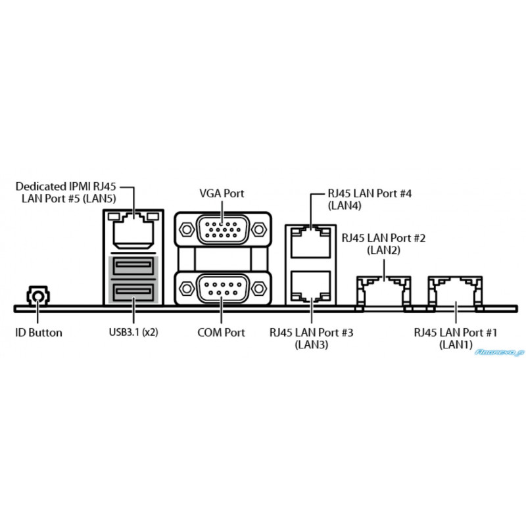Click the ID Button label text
(x=39, y=333)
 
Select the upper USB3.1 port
(x=133, y=266)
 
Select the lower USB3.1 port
(x=133, y=292)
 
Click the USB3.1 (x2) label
(x=133, y=333)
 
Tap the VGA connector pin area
(x=223, y=229)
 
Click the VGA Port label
(x=222, y=193)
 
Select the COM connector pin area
(x=223, y=289)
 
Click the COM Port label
(x=221, y=333)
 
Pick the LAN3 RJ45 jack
(x=310, y=287)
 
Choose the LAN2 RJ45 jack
(x=383, y=293)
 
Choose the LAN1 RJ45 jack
(x=455, y=293)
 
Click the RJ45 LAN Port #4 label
(x=370, y=199)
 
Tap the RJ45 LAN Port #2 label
(x=383, y=244)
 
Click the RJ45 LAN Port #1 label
(x=456, y=339)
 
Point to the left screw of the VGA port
(x=187, y=229)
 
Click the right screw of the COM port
(x=258, y=289)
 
